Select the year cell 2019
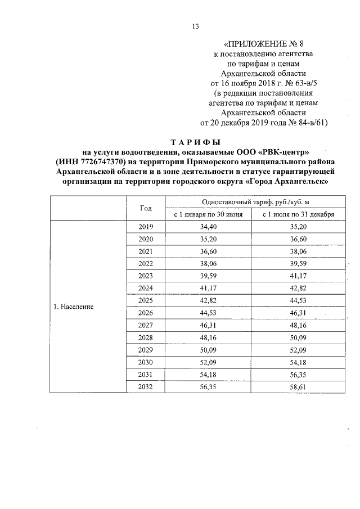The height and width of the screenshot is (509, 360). (x=146, y=227)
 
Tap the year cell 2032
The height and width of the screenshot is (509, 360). (x=146, y=386)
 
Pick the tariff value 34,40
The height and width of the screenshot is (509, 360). (x=208, y=227)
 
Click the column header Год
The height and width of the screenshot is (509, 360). (x=146, y=208)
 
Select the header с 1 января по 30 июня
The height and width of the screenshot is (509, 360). (x=208, y=214)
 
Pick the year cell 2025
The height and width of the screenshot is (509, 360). (x=146, y=300)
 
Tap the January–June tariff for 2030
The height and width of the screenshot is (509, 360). (x=208, y=362)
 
